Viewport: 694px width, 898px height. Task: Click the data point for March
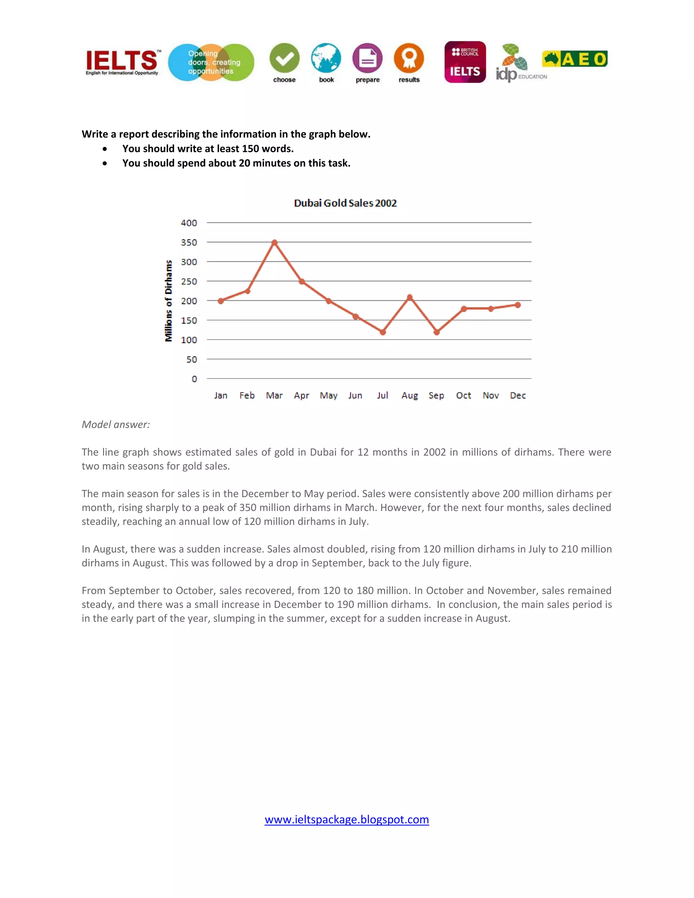pyautogui.click(x=274, y=243)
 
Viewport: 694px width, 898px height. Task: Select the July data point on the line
pyautogui.click(x=383, y=332)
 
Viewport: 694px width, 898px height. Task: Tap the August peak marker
pyautogui.click(x=409, y=297)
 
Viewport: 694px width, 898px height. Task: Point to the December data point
pyautogui.click(x=518, y=305)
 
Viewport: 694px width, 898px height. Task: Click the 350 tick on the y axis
pyautogui.click(x=189, y=243)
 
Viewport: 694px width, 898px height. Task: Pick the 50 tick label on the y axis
pyautogui.click(x=191, y=359)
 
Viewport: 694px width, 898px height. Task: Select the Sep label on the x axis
pyautogui.click(x=436, y=395)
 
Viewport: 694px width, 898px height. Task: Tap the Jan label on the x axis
pyautogui.click(x=220, y=395)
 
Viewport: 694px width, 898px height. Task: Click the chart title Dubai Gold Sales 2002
pyautogui.click(x=345, y=203)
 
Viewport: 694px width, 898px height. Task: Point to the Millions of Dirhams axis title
pyautogui.click(x=168, y=301)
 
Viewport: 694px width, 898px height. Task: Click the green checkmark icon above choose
pyautogui.click(x=285, y=58)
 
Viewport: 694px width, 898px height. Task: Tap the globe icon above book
pyautogui.click(x=326, y=58)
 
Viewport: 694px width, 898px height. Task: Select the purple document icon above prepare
pyautogui.click(x=368, y=58)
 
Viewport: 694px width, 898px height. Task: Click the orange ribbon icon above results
pyautogui.click(x=409, y=58)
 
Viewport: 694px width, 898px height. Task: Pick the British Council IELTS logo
pyautogui.click(x=465, y=62)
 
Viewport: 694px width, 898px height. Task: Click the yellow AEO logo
pyautogui.click(x=575, y=59)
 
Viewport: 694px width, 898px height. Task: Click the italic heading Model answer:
pyautogui.click(x=116, y=425)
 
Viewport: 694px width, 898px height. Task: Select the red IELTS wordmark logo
pyautogui.click(x=122, y=62)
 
